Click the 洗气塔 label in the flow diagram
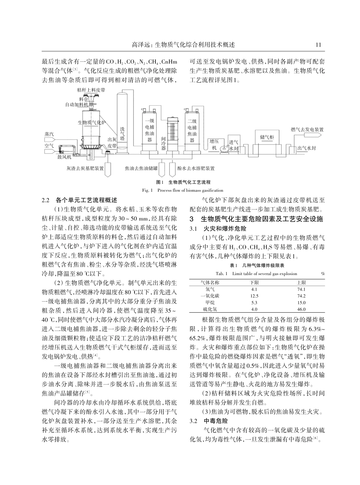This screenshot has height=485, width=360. click(x=122, y=134)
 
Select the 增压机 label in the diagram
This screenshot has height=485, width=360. click(x=214, y=144)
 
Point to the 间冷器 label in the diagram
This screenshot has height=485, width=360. click(x=163, y=143)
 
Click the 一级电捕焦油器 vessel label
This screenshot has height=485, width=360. click(x=150, y=130)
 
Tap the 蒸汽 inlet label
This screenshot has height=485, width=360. click(x=49, y=135)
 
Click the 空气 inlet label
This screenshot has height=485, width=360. click(x=49, y=145)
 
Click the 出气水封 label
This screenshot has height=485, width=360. click(x=307, y=148)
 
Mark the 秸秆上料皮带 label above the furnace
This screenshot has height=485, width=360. click(x=91, y=90)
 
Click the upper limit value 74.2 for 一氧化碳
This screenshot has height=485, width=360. click(x=302, y=296)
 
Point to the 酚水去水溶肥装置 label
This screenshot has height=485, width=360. click(x=196, y=168)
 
